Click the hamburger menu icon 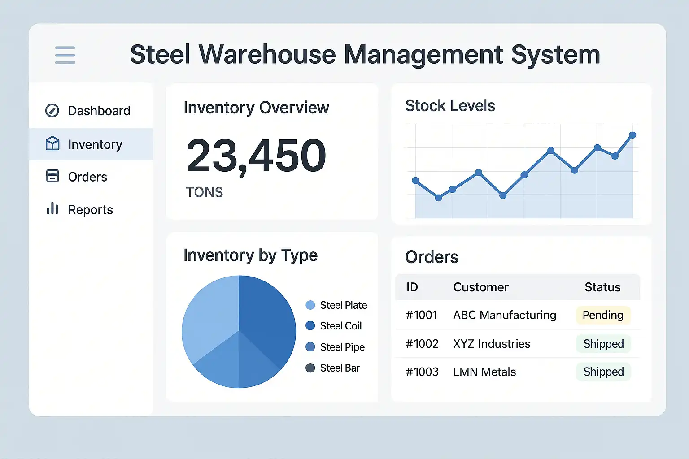pos(65,55)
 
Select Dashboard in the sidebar pos(99,111)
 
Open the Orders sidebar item pos(87,177)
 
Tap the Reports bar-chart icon pos(52,208)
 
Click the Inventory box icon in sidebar pos(52,143)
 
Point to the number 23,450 pos(256,156)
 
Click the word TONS pos(205,192)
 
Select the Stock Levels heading pos(450,106)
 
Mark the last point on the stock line pos(632,135)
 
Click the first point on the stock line pos(415,181)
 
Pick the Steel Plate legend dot pos(310,305)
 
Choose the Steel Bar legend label pos(340,368)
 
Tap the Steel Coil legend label pos(341,326)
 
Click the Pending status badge pos(603,315)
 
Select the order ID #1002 pos(422,344)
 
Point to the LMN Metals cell pos(484,372)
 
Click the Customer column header pos(481,287)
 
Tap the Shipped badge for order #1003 pos(603,372)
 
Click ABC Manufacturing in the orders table pos(505,315)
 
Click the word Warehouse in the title pos(267,55)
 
